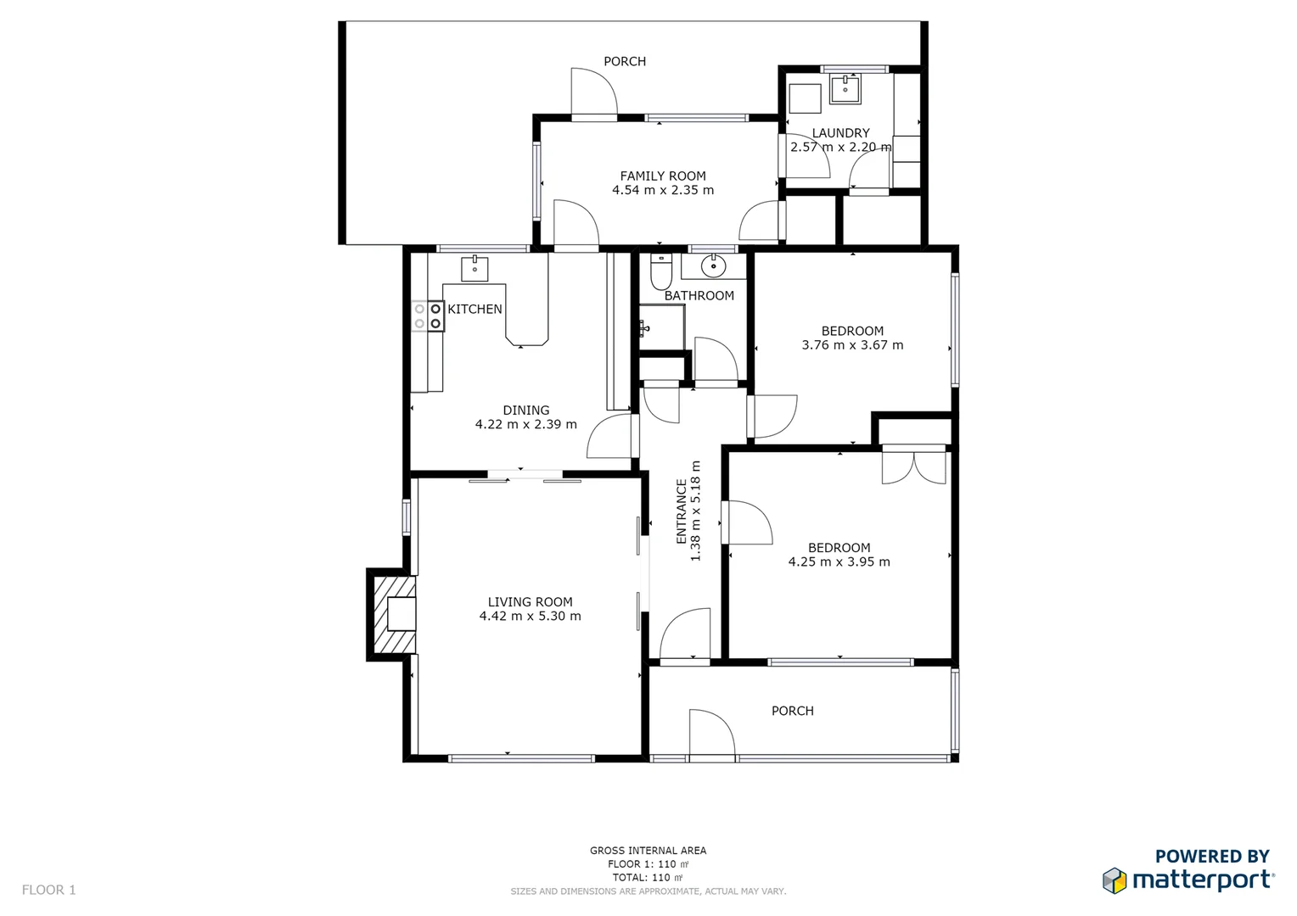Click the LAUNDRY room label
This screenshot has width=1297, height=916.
[840, 133]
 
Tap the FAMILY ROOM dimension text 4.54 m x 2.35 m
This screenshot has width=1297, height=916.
[663, 190]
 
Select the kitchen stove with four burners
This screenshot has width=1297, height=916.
[428, 316]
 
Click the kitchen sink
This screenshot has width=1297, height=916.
[474, 268]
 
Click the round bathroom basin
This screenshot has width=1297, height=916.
[714, 266]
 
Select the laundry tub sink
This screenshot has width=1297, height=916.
[845, 88]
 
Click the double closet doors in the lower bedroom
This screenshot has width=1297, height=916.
[913, 466]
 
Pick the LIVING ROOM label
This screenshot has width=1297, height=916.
[530, 602]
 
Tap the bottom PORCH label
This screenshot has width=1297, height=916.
[792, 711]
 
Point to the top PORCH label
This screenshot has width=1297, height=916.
[625, 61]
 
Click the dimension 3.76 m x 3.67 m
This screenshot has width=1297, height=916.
[852, 345]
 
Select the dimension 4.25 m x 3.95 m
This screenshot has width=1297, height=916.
[839, 561]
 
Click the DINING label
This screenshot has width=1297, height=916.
[525, 411]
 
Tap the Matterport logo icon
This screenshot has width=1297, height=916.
[1115, 880]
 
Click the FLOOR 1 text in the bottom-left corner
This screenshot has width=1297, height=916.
[48, 890]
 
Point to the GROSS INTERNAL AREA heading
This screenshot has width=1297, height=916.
[648, 850]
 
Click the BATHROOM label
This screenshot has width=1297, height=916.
[699, 295]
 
